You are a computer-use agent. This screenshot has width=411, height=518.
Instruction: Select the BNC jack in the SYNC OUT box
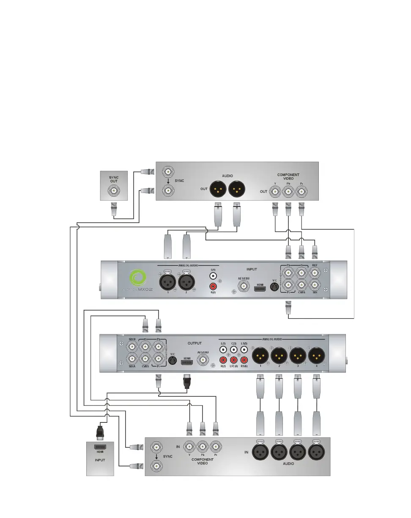tap(114, 191)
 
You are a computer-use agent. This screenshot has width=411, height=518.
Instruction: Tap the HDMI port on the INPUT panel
tap(260, 286)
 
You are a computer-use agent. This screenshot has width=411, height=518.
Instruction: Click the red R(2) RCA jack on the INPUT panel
tap(213, 287)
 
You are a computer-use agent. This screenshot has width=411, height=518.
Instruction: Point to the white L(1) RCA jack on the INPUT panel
tap(213, 275)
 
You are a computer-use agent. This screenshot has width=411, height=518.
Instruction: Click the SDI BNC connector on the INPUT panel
tap(314, 284)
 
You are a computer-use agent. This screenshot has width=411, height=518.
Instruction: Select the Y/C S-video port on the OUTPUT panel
tap(172, 360)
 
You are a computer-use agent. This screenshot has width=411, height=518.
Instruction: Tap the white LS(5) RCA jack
tap(243, 350)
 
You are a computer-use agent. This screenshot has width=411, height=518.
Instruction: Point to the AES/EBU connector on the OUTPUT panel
tap(203, 360)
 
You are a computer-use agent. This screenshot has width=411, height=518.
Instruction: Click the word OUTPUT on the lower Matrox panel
tap(195, 343)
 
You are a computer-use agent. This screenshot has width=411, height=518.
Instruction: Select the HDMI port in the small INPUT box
tap(100, 446)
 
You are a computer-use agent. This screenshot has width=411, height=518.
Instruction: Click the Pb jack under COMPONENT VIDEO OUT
tap(288, 191)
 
